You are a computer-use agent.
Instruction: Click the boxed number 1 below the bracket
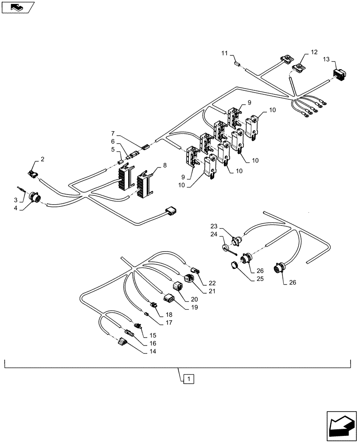[x=189, y=379]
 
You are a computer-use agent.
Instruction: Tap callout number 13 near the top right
[x=326, y=59]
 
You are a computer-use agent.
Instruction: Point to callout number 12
[x=314, y=52]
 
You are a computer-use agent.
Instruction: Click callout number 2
[x=43, y=159]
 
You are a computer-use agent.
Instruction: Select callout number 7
[x=113, y=133]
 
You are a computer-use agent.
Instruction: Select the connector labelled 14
[x=123, y=342]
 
